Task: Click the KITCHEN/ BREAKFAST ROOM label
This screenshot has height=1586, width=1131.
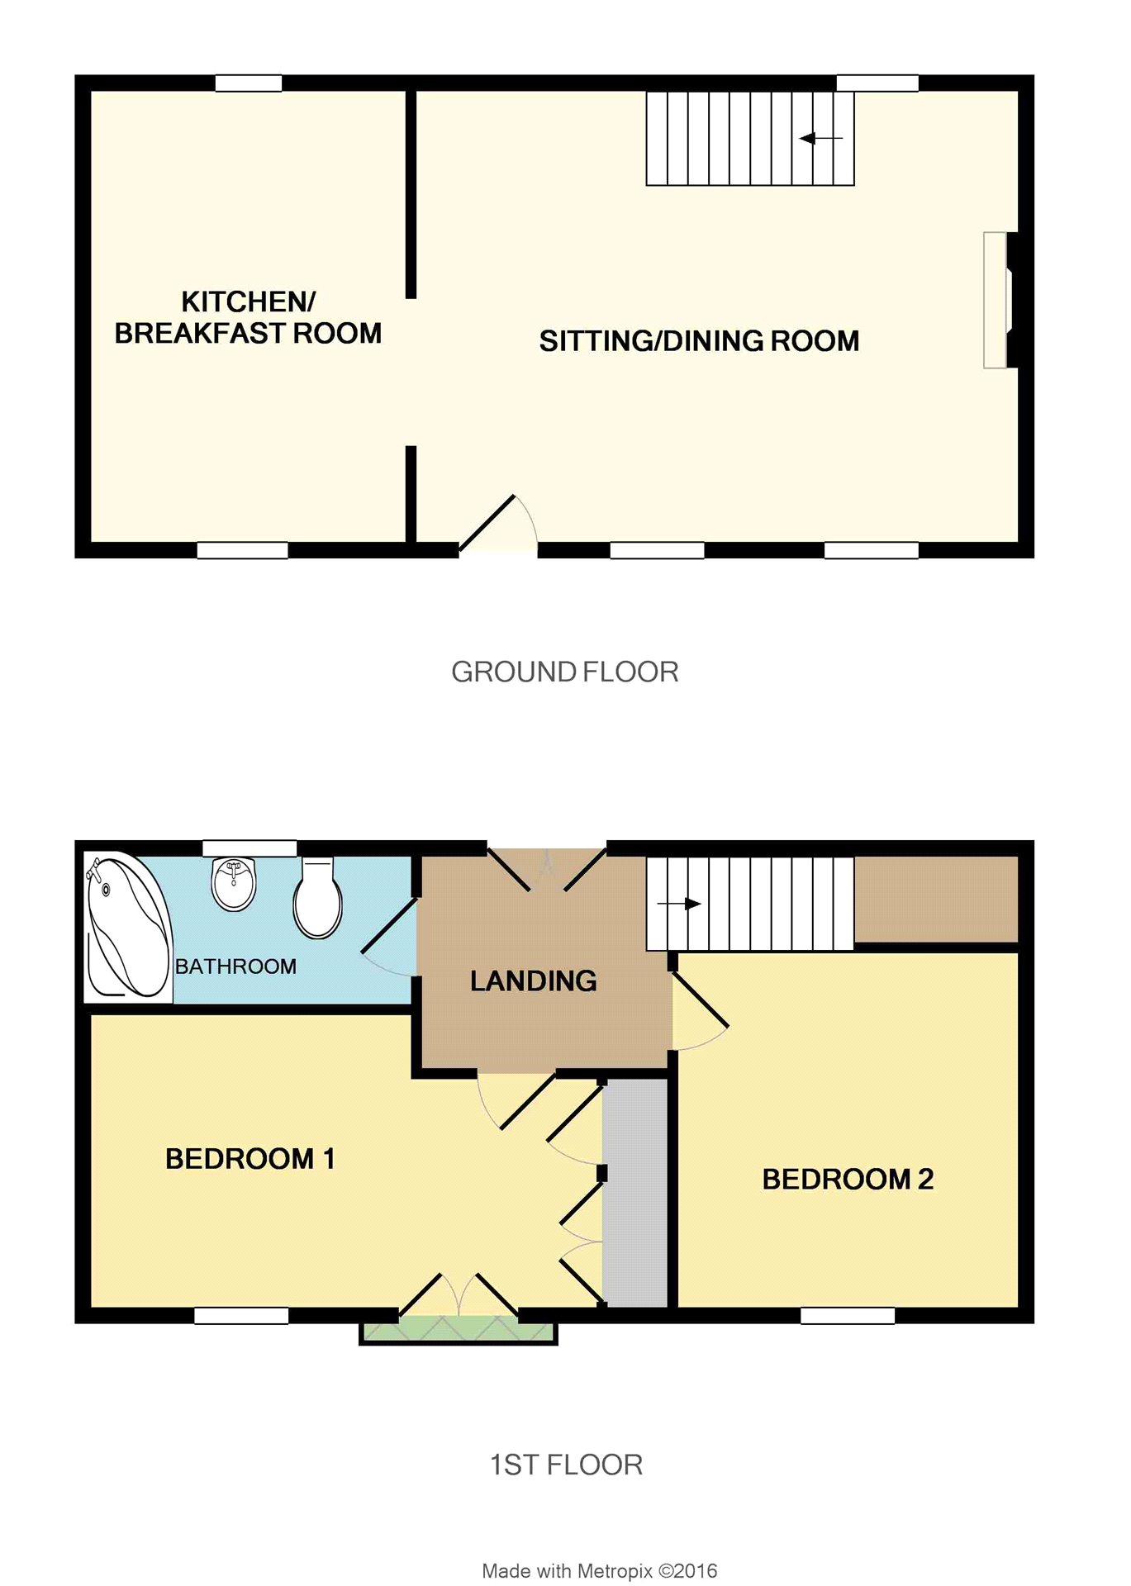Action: [248, 317]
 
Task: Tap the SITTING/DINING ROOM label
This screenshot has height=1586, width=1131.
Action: [699, 341]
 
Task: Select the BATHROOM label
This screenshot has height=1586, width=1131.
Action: [235, 966]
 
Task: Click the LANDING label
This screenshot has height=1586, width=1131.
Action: [534, 981]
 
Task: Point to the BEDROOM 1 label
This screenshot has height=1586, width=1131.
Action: [250, 1159]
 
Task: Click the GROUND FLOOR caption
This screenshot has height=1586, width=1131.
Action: [565, 672]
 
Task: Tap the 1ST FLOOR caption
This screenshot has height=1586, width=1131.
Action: [566, 1465]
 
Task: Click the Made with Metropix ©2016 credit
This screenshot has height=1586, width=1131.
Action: [600, 1571]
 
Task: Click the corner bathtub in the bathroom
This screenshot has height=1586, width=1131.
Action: [127, 927]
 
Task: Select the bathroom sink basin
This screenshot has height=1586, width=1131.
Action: [234, 884]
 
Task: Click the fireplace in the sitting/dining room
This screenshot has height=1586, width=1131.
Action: [996, 300]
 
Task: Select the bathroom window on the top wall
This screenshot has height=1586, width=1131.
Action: [249, 848]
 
